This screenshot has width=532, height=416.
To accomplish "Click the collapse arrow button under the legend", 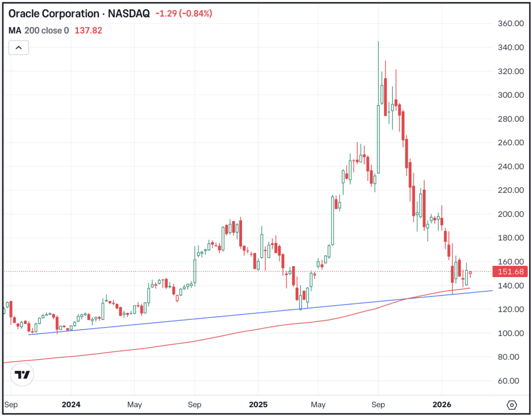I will coord(19,48).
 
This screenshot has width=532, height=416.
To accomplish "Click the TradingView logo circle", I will coord(22,374).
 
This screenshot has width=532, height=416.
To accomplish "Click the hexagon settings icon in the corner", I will coord(512,405).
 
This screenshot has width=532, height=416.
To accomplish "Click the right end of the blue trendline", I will coord(491,291).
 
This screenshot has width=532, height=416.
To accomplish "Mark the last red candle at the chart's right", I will coord(470,273).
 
